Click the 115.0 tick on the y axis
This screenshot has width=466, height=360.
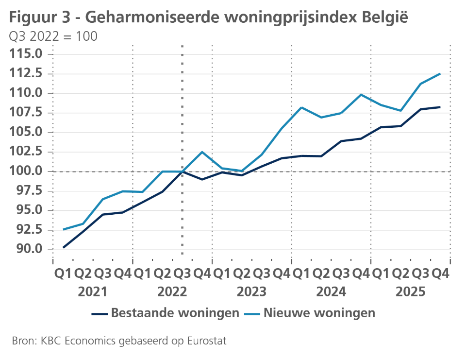[x=28, y=54]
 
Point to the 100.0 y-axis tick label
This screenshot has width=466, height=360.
[x=28, y=171]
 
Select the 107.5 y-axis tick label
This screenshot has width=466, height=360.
[x=28, y=113]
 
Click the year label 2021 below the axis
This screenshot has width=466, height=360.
[x=93, y=292]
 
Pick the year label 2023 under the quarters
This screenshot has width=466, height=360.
[x=251, y=292]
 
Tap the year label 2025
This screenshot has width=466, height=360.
[x=410, y=292]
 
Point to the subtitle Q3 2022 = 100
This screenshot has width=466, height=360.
[x=53, y=36]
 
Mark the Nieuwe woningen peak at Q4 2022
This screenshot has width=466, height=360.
[x=202, y=152]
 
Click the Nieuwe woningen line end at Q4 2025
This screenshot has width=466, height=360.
[x=440, y=74]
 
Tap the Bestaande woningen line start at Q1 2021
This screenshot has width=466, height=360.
[x=64, y=247]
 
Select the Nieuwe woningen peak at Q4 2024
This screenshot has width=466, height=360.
[x=361, y=94]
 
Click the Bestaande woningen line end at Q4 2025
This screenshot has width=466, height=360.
[x=440, y=107]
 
